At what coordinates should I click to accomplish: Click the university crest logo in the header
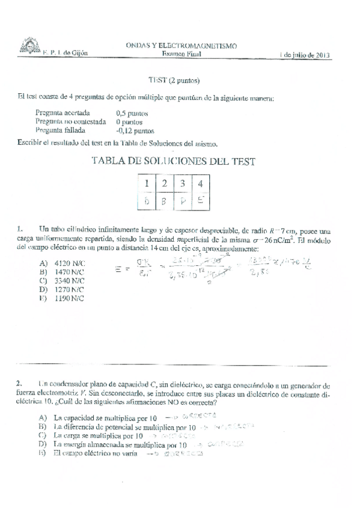(x=26, y=46)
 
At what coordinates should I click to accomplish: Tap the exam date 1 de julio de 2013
(x=306, y=54)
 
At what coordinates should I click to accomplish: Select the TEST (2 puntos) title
(x=174, y=80)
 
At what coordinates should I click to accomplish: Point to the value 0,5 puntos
(x=132, y=112)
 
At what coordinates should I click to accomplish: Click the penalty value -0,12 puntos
(x=135, y=129)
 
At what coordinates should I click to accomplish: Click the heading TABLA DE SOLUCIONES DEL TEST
(x=173, y=161)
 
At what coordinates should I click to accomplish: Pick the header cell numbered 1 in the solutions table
(x=147, y=183)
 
